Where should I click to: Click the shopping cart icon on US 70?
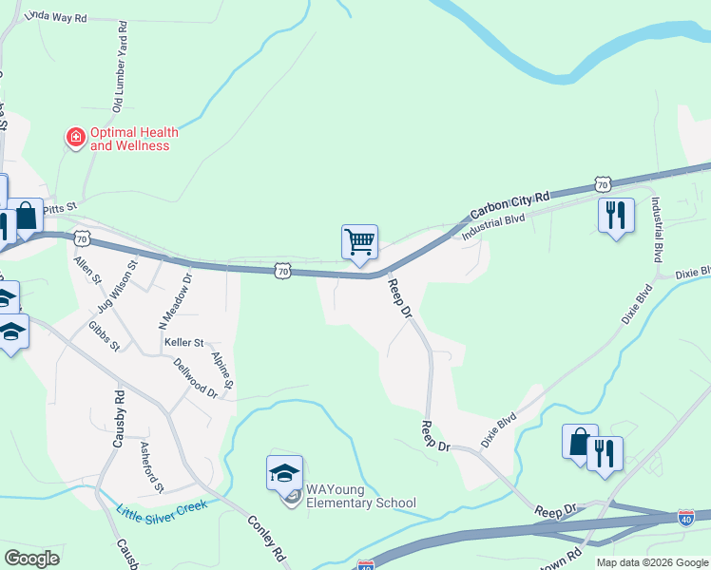(x=360, y=241)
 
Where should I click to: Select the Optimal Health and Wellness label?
(x=129, y=140)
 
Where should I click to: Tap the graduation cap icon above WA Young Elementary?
(x=285, y=473)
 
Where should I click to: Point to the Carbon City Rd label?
(x=510, y=203)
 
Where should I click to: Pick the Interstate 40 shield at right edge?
(x=685, y=518)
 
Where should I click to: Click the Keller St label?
(x=184, y=342)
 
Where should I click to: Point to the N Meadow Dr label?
(x=174, y=301)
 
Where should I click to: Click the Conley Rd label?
(x=267, y=536)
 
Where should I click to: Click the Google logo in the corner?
(x=31, y=559)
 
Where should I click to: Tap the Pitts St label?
(x=59, y=204)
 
